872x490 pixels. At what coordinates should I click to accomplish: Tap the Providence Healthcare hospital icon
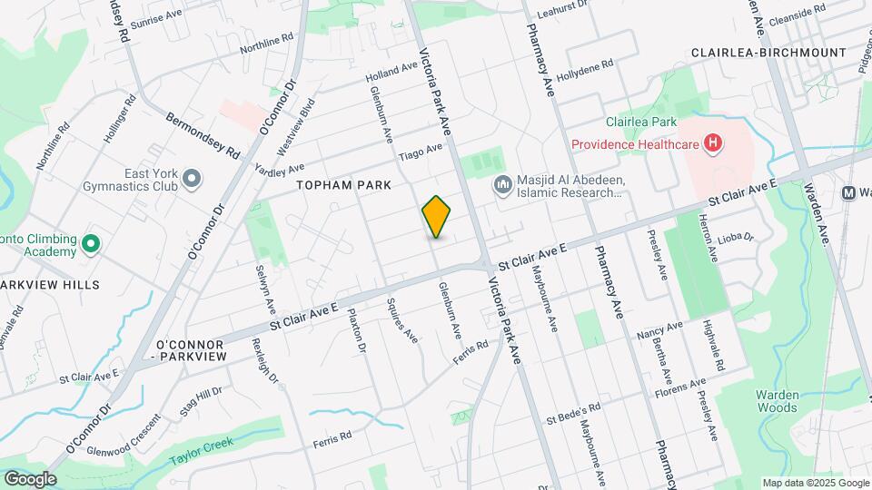tap(713, 143)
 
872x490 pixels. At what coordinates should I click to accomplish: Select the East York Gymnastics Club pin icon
tap(192, 180)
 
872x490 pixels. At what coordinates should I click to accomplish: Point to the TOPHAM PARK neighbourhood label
tap(344, 185)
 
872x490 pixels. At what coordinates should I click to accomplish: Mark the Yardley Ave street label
tap(280, 168)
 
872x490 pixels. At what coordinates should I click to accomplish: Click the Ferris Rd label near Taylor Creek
tap(332, 439)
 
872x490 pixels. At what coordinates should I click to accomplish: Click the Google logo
tap(30, 479)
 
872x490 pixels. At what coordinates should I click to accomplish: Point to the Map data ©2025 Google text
tap(815, 483)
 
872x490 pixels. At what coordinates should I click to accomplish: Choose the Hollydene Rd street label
tap(586, 70)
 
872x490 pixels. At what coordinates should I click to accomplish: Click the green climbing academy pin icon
tap(90, 244)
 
